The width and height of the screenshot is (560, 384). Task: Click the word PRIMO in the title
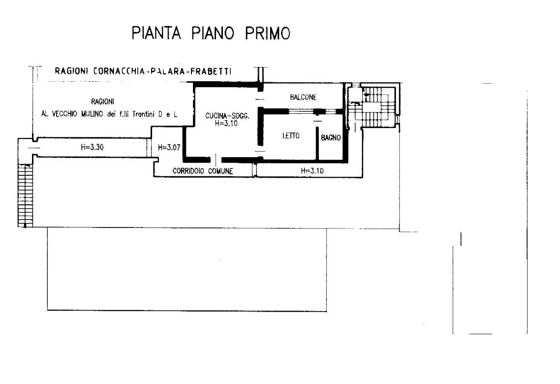tap(268, 33)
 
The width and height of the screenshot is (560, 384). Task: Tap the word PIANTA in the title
tap(156, 33)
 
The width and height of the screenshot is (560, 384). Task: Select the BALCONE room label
tap(303, 97)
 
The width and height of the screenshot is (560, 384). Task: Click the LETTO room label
tap(291, 136)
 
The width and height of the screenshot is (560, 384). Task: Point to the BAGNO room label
tap(331, 137)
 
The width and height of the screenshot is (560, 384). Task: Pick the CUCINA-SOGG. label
tap(227, 116)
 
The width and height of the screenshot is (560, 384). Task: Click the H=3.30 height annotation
tap(92, 147)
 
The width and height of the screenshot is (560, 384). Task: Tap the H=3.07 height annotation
tap(169, 147)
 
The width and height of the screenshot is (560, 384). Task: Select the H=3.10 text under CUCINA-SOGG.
tap(226, 124)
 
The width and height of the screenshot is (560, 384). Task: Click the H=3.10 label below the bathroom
tap(312, 171)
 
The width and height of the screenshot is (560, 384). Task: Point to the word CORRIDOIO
tap(188, 171)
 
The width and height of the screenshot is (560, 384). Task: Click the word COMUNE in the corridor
tap(220, 171)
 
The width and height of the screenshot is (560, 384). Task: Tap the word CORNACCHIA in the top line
tap(119, 71)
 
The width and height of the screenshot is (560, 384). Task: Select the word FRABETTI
tap(211, 71)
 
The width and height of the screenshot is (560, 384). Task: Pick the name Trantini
tap(143, 114)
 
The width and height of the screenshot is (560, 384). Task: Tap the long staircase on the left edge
tap(26, 195)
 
